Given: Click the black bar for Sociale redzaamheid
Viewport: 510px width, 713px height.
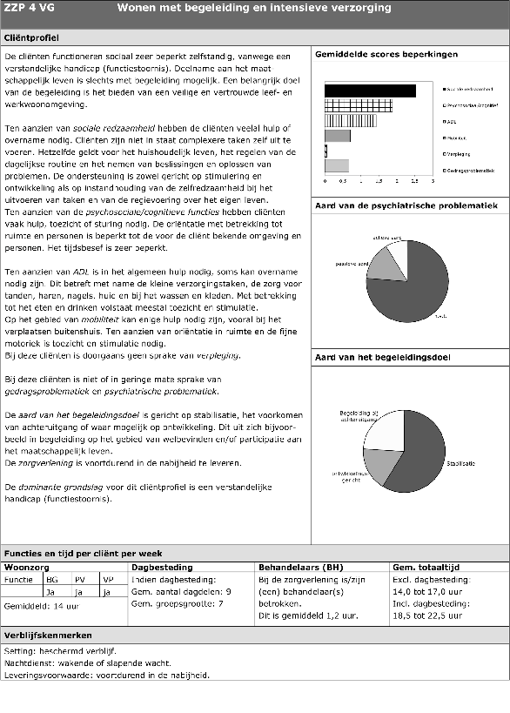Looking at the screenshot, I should [369, 91].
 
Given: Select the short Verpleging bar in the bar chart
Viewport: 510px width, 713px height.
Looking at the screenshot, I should [326, 151].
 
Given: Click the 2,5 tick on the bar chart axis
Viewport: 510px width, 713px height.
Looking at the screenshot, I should [415, 182].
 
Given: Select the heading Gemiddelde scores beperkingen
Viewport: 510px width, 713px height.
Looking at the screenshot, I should [374, 55].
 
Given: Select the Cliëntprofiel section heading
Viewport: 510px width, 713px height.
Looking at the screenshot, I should [31, 38].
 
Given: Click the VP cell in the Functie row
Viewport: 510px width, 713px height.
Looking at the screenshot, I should [107, 579].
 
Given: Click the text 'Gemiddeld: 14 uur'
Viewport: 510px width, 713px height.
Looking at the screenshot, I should [36, 606].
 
